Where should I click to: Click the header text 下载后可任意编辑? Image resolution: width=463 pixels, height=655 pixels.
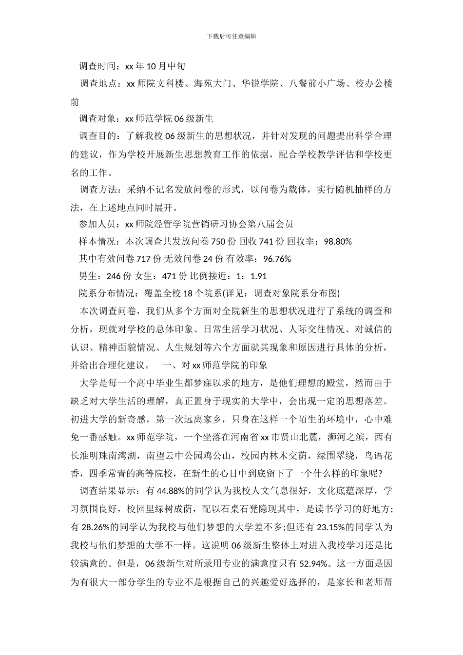click(231, 36)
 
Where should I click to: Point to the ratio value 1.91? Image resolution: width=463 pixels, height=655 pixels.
click(258, 276)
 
